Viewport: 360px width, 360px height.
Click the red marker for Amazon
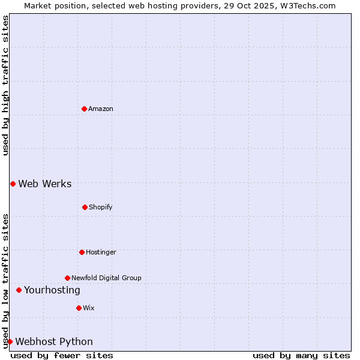pos(84,109)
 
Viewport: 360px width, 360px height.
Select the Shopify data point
pos(85,207)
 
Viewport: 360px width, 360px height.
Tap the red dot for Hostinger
pos(82,252)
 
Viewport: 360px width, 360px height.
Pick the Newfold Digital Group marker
pos(67,278)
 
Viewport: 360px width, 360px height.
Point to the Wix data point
pos(79,308)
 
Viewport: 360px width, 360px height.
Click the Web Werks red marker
pos(13,184)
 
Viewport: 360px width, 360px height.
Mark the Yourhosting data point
pos(19,290)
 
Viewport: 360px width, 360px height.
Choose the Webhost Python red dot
pos(10,341)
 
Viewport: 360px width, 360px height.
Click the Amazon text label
pos(101,109)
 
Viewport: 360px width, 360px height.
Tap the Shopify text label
pos(101,207)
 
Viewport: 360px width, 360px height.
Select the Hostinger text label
pos(101,252)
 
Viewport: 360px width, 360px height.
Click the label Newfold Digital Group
pos(106,278)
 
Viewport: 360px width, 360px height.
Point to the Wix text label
pos(89,308)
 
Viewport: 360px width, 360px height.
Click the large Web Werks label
pos(45,184)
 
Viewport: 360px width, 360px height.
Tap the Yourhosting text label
pos(52,290)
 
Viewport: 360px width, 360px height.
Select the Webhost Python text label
pos(54,341)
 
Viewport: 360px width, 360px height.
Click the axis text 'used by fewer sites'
pos(62,355)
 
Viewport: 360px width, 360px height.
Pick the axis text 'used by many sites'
pos(301,355)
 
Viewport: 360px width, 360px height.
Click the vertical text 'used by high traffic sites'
pos(5,85)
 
